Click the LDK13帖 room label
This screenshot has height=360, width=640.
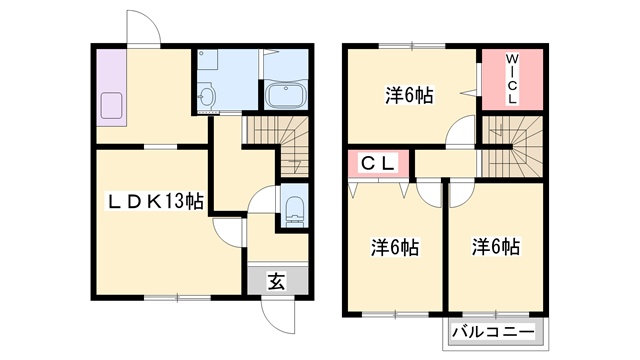point(156,202)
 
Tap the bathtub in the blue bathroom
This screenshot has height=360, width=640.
point(286,97)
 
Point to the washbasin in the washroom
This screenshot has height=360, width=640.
point(207,97)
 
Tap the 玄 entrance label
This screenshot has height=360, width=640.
point(275,282)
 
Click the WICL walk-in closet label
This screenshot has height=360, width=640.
point(511,79)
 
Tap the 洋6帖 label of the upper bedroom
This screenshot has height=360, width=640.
point(410,96)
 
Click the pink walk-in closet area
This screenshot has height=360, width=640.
point(511,79)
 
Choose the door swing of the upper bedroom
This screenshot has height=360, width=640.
point(461,131)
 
